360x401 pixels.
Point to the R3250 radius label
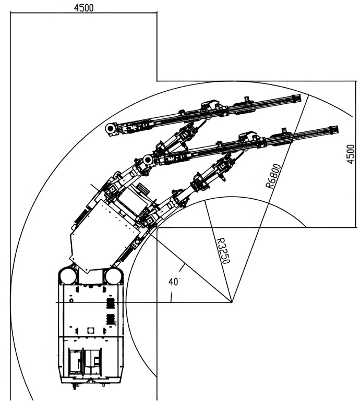coord(222,250)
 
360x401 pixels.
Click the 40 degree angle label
coord(174,282)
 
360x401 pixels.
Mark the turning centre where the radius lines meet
coord(231,301)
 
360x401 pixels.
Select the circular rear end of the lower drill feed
coord(148,159)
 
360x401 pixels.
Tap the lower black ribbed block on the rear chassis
coord(110,319)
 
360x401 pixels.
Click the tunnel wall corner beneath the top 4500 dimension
coord(157,81)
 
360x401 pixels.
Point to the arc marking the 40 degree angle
coord(171,295)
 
